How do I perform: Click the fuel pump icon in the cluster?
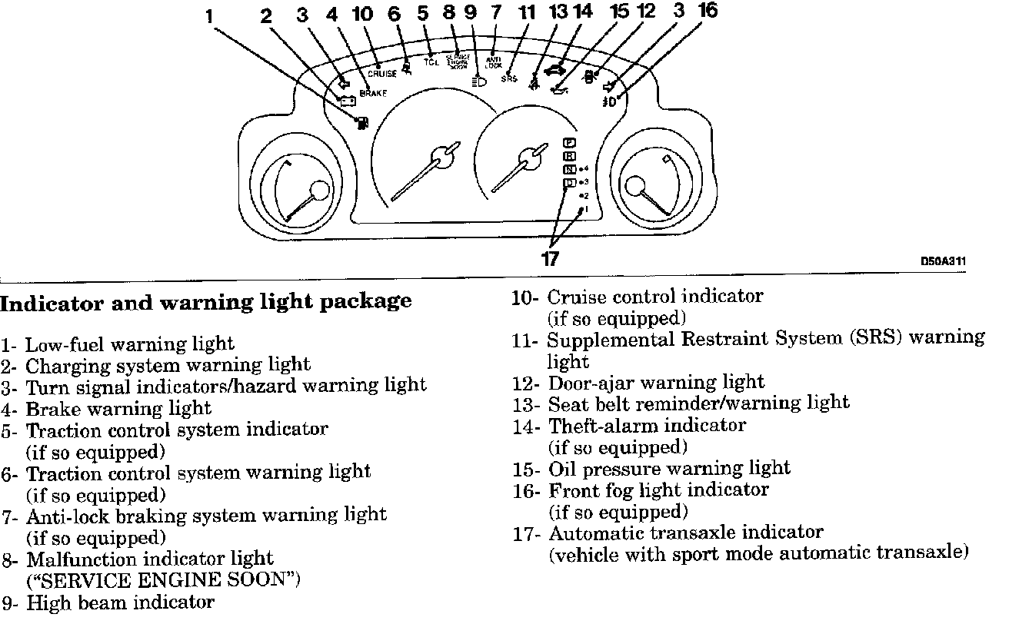coord(359,121)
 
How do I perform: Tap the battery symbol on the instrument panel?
coord(347,101)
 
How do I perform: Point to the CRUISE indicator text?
coord(382,74)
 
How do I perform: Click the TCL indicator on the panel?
coord(431,61)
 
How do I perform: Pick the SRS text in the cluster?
coord(508,78)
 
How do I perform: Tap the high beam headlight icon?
coord(478,79)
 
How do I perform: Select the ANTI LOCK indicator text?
coord(494,61)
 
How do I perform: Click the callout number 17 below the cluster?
coord(550,259)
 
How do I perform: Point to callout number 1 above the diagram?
coord(209,16)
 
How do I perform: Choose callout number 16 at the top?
coord(708,11)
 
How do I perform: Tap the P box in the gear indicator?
coord(570,143)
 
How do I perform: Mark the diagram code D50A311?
coord(943,261)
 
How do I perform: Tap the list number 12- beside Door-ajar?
coord(527,382)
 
